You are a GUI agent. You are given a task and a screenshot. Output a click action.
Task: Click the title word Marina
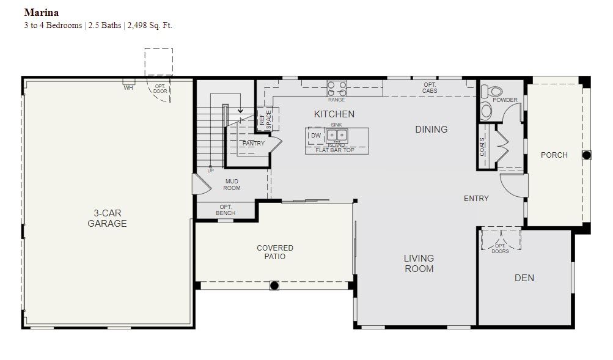42,12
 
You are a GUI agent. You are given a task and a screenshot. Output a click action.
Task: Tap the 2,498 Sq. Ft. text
150,26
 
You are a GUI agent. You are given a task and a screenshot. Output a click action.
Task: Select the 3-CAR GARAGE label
107,218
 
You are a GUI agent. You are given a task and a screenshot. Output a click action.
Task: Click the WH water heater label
128,88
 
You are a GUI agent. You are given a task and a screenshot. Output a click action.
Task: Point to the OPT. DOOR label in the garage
160,89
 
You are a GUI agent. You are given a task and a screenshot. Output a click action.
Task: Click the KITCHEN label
334,114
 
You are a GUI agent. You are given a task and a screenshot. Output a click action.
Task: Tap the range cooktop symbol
337,89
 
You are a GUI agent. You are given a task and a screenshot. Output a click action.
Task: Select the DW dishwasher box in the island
316,136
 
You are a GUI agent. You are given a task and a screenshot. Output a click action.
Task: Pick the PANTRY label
254,144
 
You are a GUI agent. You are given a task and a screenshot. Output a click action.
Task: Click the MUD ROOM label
232,185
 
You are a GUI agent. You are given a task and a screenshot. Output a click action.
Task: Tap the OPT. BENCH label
226,210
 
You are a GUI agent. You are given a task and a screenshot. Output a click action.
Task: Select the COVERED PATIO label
275,252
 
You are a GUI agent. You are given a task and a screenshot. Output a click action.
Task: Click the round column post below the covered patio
274,285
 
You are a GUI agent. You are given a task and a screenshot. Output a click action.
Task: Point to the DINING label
431,130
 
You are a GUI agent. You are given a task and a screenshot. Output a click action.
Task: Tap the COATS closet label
482,147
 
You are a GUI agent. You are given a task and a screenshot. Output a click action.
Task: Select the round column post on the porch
587,155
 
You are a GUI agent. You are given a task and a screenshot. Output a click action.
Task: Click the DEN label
524,278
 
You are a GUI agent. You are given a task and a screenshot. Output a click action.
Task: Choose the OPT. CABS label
430,88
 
